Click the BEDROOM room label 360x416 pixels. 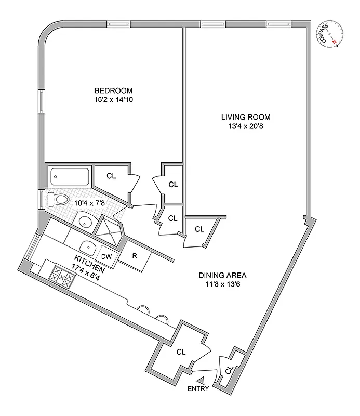[x=113, y=90]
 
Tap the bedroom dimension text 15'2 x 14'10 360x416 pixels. [x=113, y=99]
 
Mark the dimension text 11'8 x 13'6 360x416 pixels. [x=222, y=284]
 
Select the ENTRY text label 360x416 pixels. [x=199, y=388]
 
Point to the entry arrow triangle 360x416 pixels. [x=202, y=380]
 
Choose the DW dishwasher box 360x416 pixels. [x=106, y=256]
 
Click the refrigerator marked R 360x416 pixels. [x=134, y=256]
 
